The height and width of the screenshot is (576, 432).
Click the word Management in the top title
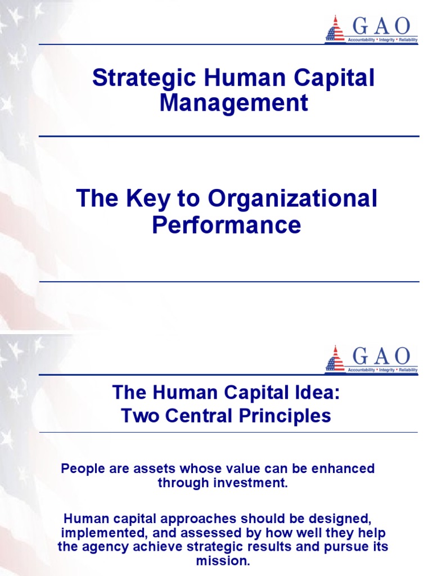click(x=233, y=103)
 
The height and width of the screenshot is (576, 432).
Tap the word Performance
click(x=227, y=225)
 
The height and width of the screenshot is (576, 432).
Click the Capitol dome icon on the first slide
click(x=335, y=29)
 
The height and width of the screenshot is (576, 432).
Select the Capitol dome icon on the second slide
click(x=335, y=358)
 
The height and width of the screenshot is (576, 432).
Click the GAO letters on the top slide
click(x=381, y=25)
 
